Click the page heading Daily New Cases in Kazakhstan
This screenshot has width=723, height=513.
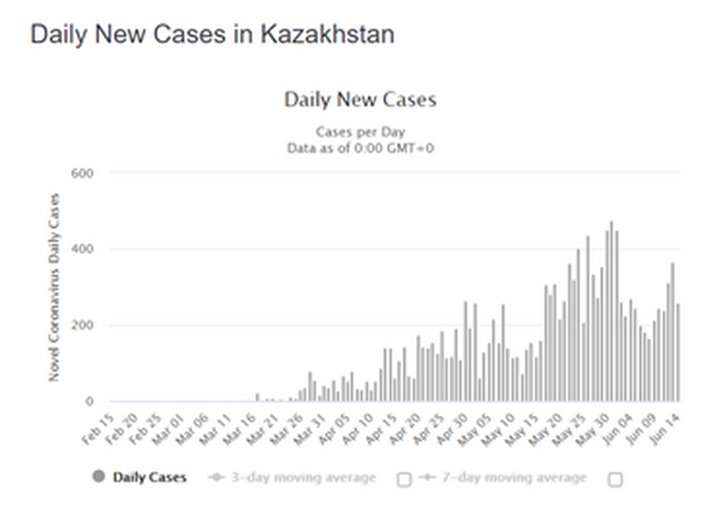212,34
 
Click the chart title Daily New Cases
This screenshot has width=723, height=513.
361,99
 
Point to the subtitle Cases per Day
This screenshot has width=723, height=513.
361,131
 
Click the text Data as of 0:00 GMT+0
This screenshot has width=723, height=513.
361,147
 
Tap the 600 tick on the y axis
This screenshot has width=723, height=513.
82,173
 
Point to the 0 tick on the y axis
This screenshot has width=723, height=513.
90,401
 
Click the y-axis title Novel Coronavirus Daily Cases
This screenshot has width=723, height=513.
55,287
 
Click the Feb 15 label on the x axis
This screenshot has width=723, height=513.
98,424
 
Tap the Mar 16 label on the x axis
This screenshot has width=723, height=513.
240,424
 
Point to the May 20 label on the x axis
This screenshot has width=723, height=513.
547,424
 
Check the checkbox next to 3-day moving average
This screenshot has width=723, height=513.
404,479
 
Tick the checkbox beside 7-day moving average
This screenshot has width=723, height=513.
615,479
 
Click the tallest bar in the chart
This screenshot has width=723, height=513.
611,311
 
